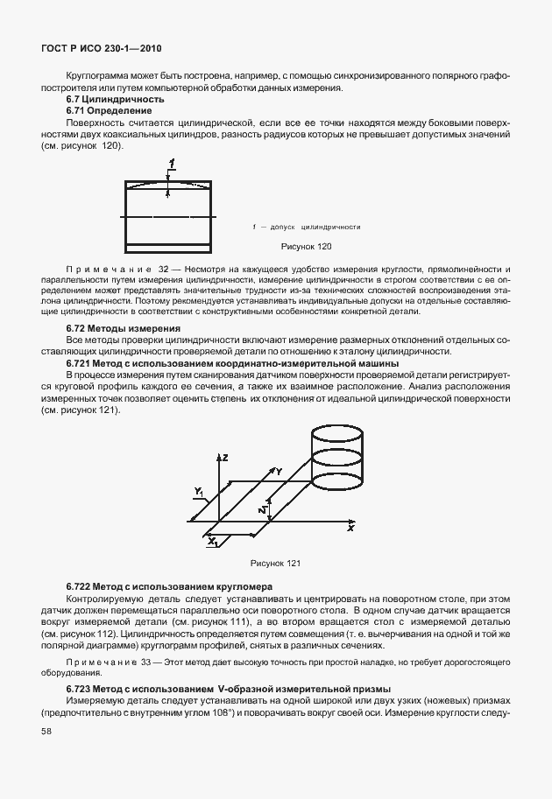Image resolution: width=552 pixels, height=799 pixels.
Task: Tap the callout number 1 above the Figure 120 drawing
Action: point(172,164)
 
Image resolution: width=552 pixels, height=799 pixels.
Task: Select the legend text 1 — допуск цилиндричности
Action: point(306,227)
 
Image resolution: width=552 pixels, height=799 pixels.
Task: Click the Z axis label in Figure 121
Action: point(224,458)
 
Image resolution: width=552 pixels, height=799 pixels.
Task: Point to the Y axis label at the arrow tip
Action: point(278,472)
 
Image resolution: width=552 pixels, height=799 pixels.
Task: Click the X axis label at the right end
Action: point(350,529)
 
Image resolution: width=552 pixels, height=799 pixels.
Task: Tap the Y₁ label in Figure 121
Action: point(199,490)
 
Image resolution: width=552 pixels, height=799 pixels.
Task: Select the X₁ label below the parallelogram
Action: point(212,543)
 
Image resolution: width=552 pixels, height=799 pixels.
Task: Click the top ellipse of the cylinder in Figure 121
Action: point(337,433)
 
